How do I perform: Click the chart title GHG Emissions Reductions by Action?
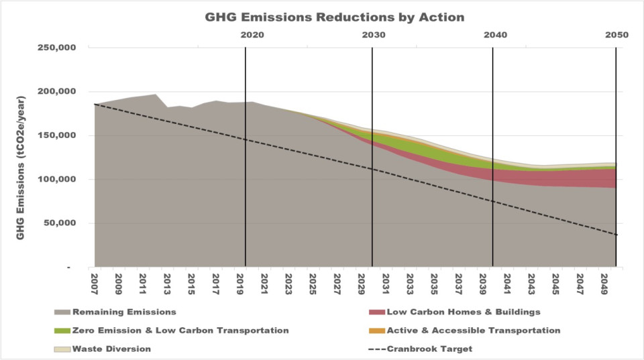coord(334,17)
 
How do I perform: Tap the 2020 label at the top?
coord(251,35)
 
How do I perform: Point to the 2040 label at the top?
coord(494,35)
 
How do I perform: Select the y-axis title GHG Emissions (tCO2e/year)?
coord(23,157)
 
